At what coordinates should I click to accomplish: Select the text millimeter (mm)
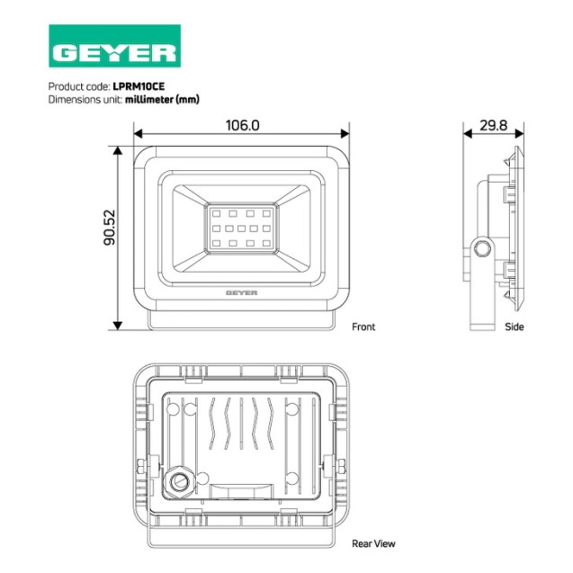(162, 99)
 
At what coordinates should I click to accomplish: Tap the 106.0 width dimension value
(241, 126)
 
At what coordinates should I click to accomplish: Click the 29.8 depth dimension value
(492, 126)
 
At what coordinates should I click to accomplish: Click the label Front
(363, 327)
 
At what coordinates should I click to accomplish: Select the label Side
(514, 327)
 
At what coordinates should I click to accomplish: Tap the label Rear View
(373, 543)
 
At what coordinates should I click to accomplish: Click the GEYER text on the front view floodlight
(240, 292)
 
